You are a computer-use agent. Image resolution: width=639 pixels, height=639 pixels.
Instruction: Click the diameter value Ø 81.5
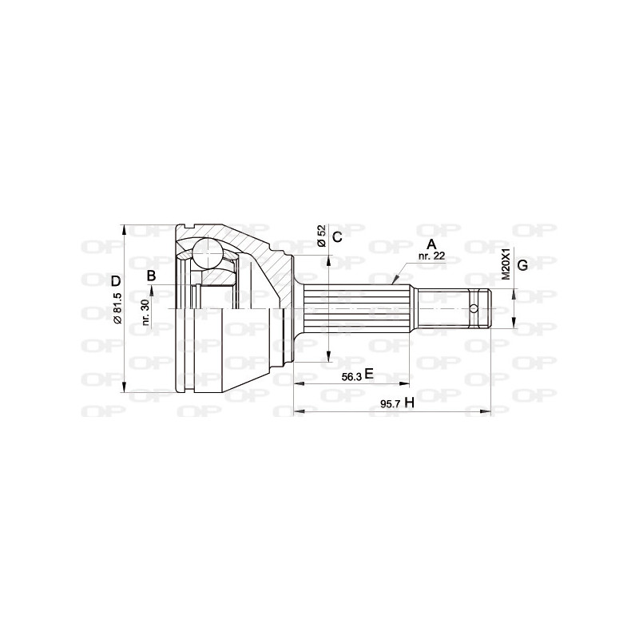[x=117, y=308]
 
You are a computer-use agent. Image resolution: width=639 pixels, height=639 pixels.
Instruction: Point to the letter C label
[x=336, y=236]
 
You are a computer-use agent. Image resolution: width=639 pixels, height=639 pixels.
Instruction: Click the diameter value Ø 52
[x=320, y=236]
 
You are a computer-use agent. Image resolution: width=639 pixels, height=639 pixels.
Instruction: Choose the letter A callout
[x=431, y=244]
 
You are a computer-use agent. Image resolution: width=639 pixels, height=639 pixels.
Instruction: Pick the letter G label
[x=522, y=265]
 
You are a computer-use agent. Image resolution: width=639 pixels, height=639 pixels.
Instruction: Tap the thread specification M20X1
[x=505, y=264]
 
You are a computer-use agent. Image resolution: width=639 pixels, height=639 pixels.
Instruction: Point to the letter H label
[x=409, y=402]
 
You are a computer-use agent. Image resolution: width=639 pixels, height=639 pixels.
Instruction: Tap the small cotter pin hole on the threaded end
[x=473, y=309]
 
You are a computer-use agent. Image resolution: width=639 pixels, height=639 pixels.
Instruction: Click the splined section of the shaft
[x=359, y=309]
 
